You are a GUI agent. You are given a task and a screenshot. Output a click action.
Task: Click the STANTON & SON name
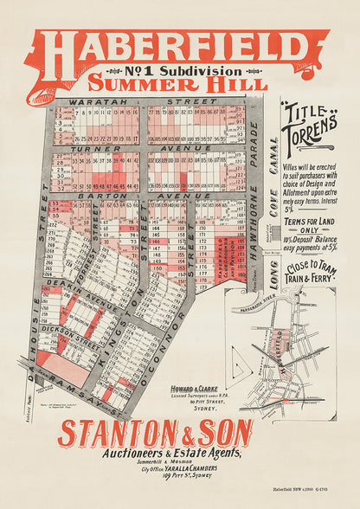pos(155,433)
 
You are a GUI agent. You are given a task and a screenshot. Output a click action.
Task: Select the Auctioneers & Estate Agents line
pos(156,453)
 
